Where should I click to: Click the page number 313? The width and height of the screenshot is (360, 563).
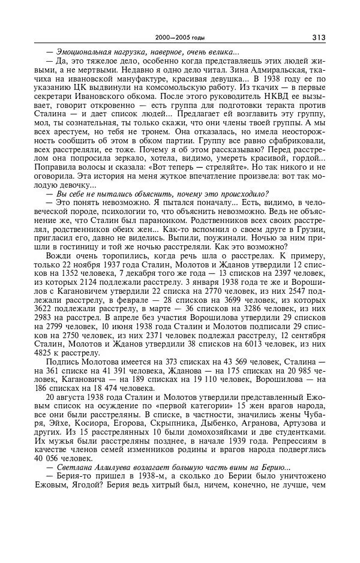coord(318,38)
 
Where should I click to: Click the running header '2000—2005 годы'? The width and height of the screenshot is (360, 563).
coord(180,38)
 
